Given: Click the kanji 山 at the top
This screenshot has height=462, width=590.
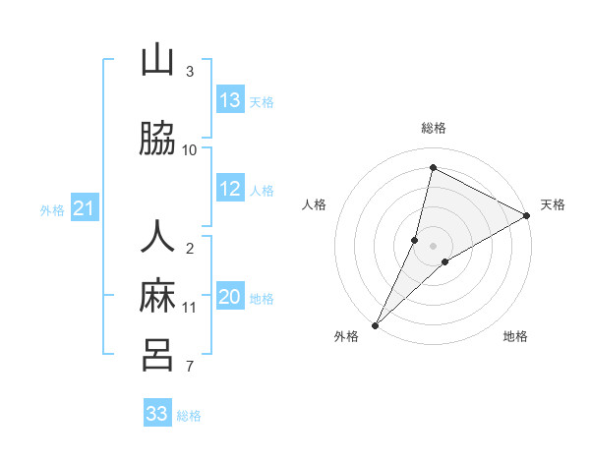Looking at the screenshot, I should (157, 61).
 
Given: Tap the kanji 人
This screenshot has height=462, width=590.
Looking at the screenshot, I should (157, 239).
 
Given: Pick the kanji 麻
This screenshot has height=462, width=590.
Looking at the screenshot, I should (157, 296).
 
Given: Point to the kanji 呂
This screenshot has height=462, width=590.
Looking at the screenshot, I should (157, 355).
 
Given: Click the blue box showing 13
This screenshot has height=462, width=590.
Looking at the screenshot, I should (230, 100).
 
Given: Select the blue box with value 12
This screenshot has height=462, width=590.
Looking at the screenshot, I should (230, 190).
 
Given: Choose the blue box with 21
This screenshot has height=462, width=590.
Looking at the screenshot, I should (84, 208).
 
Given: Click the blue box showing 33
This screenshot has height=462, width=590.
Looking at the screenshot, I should (157, 414).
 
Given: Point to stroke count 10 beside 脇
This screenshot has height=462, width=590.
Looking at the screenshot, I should (190, 149).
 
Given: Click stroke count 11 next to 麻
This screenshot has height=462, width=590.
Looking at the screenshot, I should (190, 307).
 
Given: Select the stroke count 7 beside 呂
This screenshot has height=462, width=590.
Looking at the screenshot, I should (190, 367).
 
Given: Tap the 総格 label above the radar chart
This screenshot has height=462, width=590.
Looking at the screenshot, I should (434, 128).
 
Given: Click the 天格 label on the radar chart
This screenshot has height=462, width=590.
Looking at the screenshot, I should (553, 204).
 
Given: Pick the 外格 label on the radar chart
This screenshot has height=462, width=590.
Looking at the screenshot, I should (346, 337).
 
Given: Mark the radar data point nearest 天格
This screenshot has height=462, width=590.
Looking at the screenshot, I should (527, 216).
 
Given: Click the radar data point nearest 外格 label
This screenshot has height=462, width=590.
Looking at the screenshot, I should (375, 324).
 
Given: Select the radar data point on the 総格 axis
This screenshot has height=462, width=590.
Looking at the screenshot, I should (433, 167).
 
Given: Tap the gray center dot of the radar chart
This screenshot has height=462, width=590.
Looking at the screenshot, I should (433, 245).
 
